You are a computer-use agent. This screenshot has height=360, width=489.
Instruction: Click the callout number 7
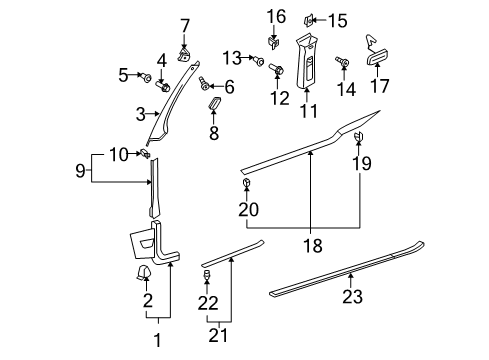pyautogui.click(x=185, y=26)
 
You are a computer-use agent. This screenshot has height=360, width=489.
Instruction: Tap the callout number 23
pyautogui.click(x=352, y=296)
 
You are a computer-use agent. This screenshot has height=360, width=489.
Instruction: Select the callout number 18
pyautogui.click(x=313, y=246)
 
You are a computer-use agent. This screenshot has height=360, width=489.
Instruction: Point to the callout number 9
pyautogui.click(x=80, y=171)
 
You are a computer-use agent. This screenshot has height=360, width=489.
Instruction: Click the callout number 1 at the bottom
pyautogui.click(x=158, y=340)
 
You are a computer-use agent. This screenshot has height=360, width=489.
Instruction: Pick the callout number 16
pyautogui.click(x=276, y=16)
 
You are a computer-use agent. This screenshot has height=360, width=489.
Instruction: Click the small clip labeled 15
pyautogui.click(x=308, y=21)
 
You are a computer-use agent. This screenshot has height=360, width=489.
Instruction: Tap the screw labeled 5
pyautogui.click(x=146, y=78)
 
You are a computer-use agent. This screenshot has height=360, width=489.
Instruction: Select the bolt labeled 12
pyautogui.click(x=276, y=69)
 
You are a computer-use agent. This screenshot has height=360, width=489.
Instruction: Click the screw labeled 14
pyautogui.click(x=342, y=62)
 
